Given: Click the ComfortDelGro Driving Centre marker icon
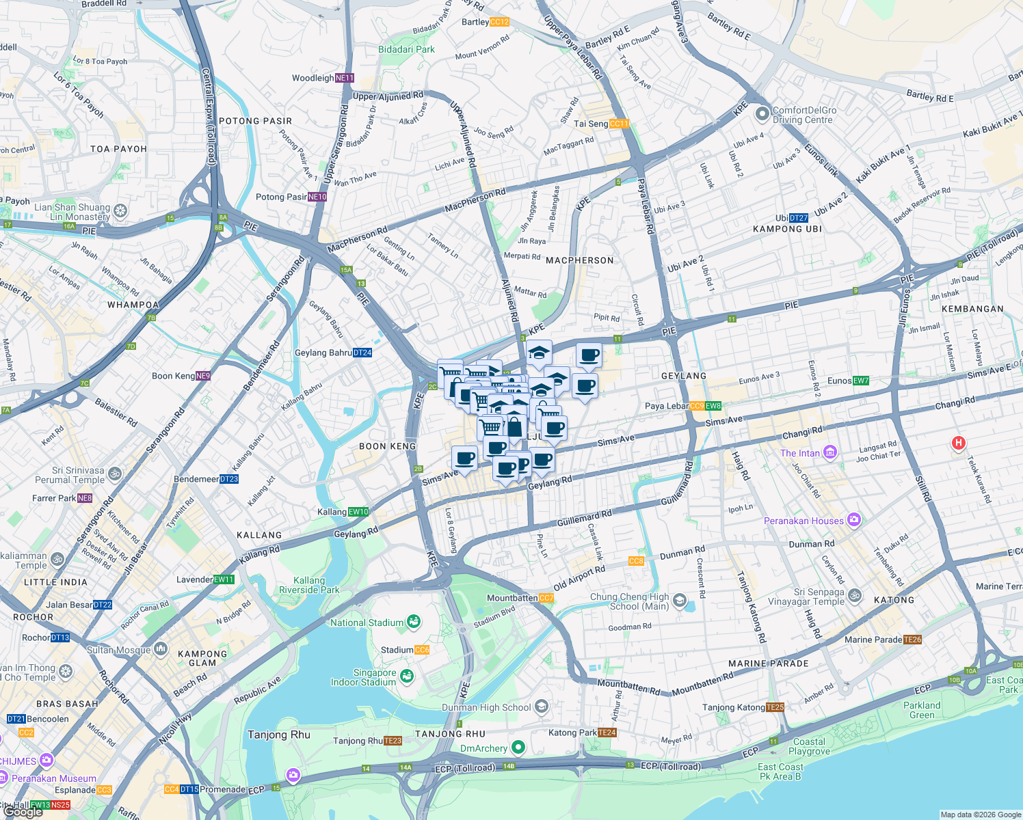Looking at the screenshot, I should coord(762,114).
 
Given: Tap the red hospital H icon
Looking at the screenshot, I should coord(959,443).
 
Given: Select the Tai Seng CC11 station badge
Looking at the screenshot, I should coord(619,124).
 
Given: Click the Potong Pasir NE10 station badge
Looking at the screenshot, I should coord(317,197).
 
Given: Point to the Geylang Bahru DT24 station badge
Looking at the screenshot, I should coord(362,353).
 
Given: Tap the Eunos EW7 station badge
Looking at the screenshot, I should coord(860,381).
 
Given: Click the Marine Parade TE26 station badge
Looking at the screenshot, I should coord(912,640).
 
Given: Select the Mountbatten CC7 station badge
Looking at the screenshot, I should coord(546,598).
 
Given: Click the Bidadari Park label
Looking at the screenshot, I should coord(406,49).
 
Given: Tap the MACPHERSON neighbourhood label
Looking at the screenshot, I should coord(579,260).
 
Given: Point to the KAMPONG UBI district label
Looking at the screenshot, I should coord(787,229).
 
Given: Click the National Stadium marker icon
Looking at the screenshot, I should coord(413,622).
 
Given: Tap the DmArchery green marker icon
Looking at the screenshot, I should coord(518,748).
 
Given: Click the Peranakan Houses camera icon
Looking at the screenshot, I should coord(853,521).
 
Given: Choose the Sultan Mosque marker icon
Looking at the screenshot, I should coord(160,649).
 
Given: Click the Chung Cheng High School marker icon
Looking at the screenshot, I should coord(679,601).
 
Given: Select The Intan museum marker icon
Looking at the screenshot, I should coord(829,452).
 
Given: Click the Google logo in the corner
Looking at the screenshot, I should coord(23,812).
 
